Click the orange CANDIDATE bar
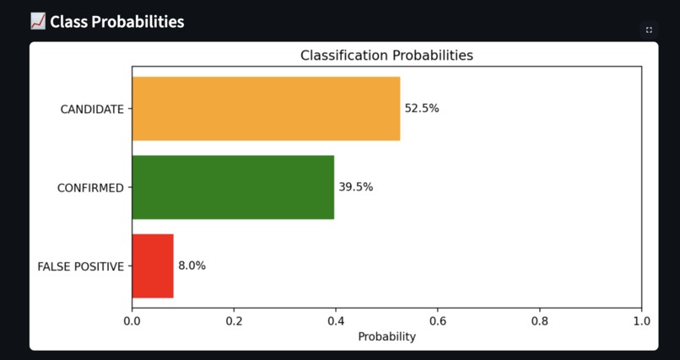point(266,109)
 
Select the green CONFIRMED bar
point(233,187)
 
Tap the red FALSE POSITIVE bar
point(153,266)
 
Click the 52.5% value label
point(422,109)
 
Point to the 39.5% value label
point(356,187)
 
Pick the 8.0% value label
point(192,266)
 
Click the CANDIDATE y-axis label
point(92,110)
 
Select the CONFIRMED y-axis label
point(90,188)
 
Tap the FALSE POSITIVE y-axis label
point(81,266)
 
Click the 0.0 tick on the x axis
point(132,321)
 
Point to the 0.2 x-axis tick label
point(234,321)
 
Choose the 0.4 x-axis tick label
point(336,321)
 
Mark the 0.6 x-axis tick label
point(438,321)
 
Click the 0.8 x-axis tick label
point(540,321)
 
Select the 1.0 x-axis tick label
point(641,321)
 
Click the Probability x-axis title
point(386,336)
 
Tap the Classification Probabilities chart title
point(386,56)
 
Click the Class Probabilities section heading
point(116,22)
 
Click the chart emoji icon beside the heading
point(38,21)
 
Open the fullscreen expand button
point(649,30)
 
